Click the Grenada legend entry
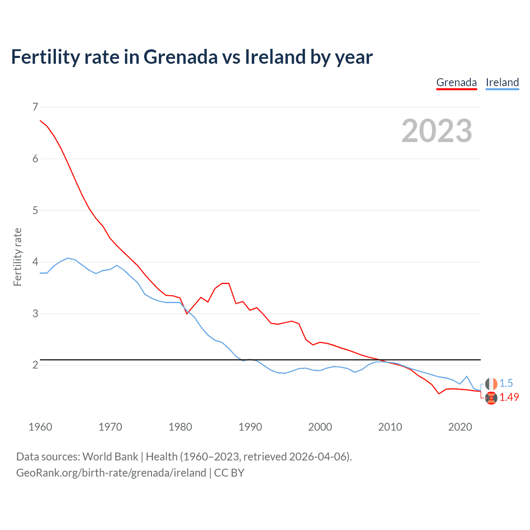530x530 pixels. pyautogui.click(x=456, y=82)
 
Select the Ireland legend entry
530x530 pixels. pyautogui.click(x=502, y=82)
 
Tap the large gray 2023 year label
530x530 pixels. pyautogui.click(x=436, y=131)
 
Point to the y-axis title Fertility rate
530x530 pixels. pyautogui.click(x=17, y=257)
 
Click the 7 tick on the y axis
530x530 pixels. pyautogui.click(x=35, y=107)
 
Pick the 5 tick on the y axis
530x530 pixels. pyautogui.click(x=35, y=210)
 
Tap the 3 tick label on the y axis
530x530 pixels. pyautogui.click(x=35, y=313)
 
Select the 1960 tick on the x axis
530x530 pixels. pyautogui.click(x=40, y=427)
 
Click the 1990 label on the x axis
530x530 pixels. pyautogui.click(x=250, y=427)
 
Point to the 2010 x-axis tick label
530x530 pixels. pyautogui.click(x=390, y=427)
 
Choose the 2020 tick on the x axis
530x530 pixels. pyautogui.click(x=460, y=427)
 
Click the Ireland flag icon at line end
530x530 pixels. pyautogui.click(x=491, y=384)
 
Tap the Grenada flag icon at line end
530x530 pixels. pyautogui.click(x=491, y=398)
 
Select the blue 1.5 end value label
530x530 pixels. pyautogui.click(x=506, y=383)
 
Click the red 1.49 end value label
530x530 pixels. pyautogui.click(x=509, y=397)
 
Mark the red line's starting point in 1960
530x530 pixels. pyautogui.click(x=40, y=120)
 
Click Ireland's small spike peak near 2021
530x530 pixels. pyautogui.click(x=467, y=376)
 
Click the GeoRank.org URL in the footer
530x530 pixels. pyautogui.click(x=111, y=473)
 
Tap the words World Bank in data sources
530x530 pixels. pyautogui.click(x=110, y=457)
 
